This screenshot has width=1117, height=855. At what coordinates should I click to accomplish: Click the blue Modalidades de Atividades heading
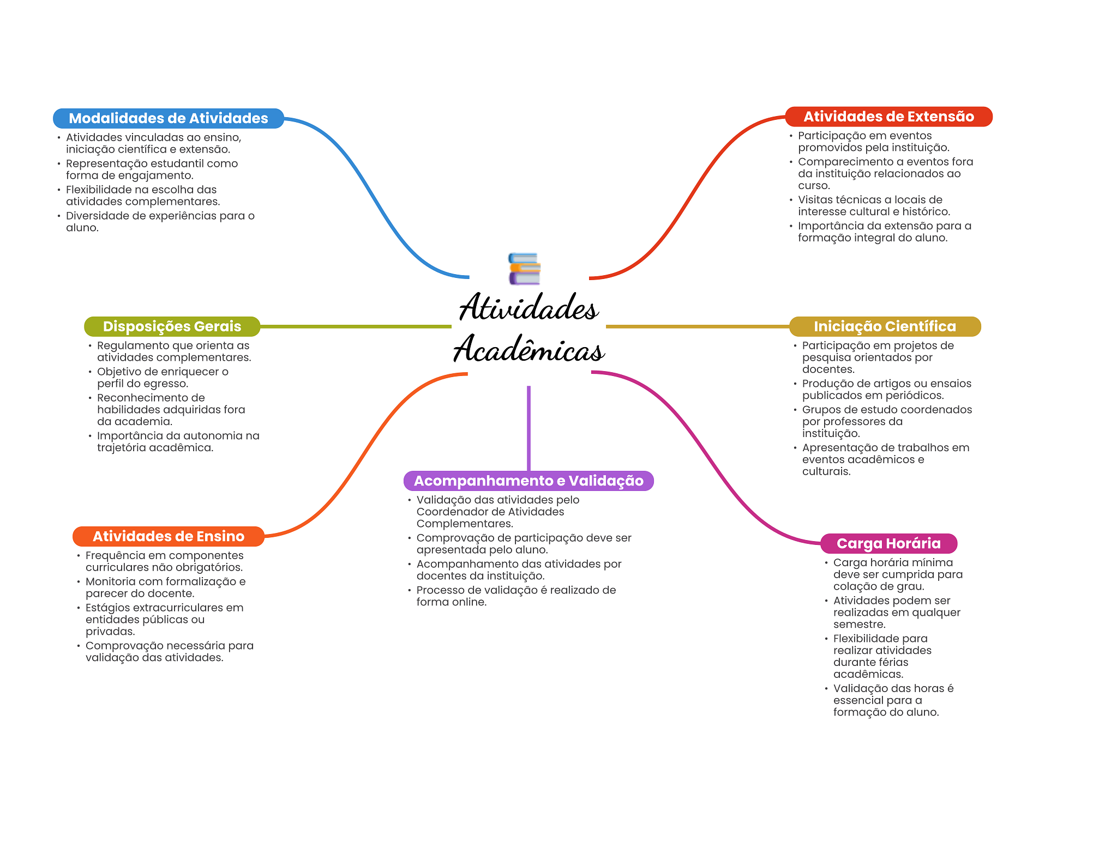(168, 118)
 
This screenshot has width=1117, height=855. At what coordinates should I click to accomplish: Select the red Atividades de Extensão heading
(888, 117)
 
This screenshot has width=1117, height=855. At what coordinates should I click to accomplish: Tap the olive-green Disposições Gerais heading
(172, 326)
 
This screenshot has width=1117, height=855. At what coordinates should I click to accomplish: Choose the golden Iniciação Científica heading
(885, 326)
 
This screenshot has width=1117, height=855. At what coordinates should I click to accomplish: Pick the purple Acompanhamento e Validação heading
(529, 481)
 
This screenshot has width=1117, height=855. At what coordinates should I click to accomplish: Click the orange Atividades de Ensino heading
(168, 536)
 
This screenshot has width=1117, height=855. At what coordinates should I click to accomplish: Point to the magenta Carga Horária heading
(888, 543)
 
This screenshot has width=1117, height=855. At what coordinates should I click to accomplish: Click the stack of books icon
(524, 269)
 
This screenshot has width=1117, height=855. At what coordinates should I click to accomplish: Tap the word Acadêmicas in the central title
(529, 349)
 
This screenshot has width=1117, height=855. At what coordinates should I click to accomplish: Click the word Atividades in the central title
(529, 307)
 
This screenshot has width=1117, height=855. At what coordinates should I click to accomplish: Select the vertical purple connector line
(529, 428)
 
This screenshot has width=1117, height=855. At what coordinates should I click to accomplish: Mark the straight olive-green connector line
(355, 326)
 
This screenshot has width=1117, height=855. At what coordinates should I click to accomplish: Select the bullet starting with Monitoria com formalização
(165, 587)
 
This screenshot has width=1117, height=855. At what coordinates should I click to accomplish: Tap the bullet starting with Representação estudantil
(152, 169)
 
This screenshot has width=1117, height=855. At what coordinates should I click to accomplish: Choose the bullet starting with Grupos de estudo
(886, 421)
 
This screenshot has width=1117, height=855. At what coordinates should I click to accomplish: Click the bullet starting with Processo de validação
(516, 596)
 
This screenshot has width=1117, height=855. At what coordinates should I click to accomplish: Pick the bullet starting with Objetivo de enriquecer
(163, 378)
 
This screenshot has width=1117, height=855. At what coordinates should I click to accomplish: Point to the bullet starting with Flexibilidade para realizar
(882, 656)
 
